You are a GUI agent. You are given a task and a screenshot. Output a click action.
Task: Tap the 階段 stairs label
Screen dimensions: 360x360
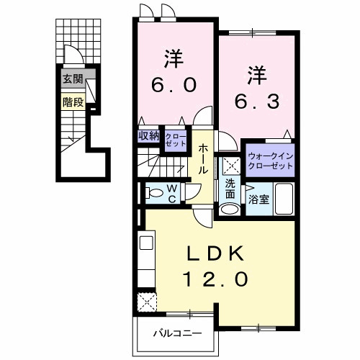pos(72,102)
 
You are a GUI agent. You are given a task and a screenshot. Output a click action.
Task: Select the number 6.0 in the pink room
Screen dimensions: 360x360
pos(173,84)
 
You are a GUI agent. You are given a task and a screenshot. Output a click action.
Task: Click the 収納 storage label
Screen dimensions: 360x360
pos(149,135)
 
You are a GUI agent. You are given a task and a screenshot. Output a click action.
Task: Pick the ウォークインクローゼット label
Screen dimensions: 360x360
pos(269,161)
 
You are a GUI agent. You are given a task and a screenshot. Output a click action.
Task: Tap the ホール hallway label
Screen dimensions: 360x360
pos(204,159)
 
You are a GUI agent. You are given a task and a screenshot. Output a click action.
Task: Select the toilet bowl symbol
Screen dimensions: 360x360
pos(153,192)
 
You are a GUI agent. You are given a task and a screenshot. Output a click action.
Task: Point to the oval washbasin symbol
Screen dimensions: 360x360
pos(229,210)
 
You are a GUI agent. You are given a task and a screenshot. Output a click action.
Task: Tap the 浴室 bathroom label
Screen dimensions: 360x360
pos(258,199)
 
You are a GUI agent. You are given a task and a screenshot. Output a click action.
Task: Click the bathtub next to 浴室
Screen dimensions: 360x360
pos(283,199)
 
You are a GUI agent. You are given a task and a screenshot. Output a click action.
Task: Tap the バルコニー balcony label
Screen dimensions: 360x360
pos(176,333)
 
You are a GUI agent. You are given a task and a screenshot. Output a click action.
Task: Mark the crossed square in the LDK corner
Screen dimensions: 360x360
pos(148,300)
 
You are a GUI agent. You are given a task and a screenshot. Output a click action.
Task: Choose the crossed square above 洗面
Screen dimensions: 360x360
pos(230,165)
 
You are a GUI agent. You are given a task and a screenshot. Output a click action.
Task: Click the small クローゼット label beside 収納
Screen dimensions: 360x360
pos(174,139)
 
